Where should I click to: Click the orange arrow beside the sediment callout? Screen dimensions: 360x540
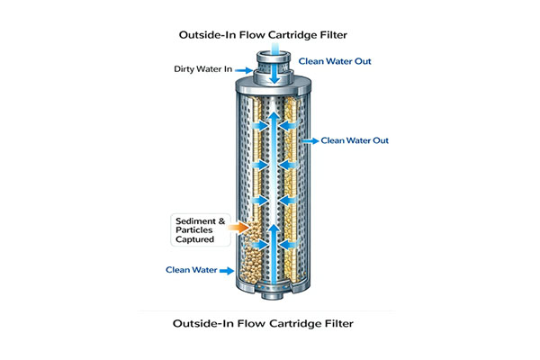pyautogui.click(x=244, y=229)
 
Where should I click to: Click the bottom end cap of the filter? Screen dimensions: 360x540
pyautogui.click(x=269, y=289)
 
